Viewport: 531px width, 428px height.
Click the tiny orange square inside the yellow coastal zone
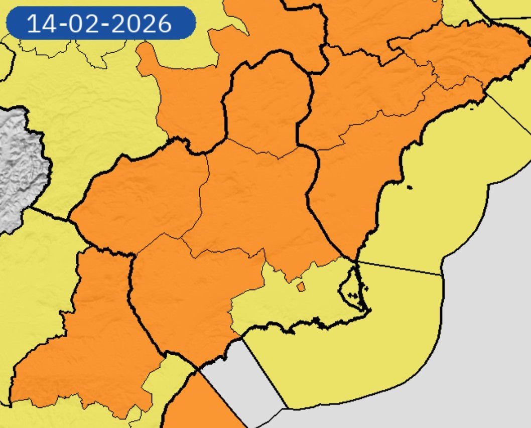pyautogui.click(x=301, y=287)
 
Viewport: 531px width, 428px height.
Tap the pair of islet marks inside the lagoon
pyautogui.click(x=355, y=296)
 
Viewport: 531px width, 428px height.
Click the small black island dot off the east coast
pyautogui.click(x=410, y=188)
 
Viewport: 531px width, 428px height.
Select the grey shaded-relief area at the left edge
pyautogui.click(x=18, y=166)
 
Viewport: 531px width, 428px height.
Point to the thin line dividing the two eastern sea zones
pyautogui.click(x=402, y=268)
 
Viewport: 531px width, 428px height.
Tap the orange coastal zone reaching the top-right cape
pyautogui.click(x=361, y=166)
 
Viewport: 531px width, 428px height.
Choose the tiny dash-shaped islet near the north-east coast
pyautogui.click(x=472, y=107)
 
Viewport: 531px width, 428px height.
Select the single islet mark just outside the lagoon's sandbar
pyautogui.click(x=366, y=288)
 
